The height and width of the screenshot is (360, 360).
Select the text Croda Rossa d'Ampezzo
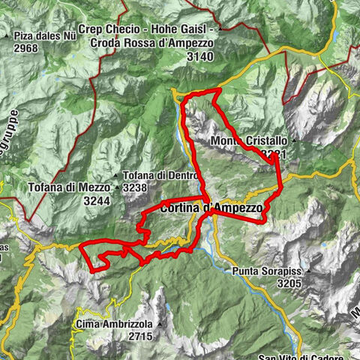pyautogui.click(x=162, y=43)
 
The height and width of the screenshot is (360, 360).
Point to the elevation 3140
pyautogui.click(x=200, y=56)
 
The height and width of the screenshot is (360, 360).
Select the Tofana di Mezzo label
pyautogui.click(x=70, y=187)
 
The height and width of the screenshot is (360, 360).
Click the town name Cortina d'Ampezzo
pyautogui.click(x=211, y=207)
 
